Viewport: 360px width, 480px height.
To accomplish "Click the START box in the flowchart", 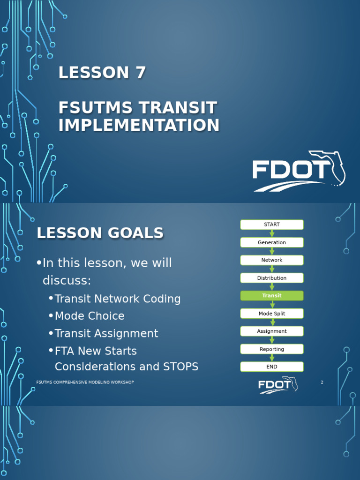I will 272,225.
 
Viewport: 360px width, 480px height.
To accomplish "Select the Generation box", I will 272,242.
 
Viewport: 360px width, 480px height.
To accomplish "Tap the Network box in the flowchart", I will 272,260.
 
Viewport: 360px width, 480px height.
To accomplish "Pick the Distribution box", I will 272,278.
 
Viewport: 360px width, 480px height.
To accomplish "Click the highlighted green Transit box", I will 272,296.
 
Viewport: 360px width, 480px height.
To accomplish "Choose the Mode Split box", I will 272,314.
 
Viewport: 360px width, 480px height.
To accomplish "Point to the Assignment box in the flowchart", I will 272,331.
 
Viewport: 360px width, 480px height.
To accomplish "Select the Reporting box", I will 272,349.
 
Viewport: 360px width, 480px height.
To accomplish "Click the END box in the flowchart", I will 272,367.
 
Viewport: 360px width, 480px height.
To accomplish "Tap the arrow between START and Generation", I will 272,233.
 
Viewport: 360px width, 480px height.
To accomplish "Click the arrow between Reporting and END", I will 272,358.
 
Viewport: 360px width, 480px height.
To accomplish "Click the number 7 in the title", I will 140,73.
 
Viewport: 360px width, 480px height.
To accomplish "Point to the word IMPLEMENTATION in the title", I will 139,125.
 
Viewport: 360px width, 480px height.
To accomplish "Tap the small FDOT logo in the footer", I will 277,385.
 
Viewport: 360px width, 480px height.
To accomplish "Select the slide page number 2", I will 322,382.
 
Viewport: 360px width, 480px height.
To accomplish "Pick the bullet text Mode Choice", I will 90,316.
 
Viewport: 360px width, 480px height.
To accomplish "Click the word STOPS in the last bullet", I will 180,367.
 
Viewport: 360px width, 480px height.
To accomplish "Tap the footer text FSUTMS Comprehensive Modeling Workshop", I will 85,382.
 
